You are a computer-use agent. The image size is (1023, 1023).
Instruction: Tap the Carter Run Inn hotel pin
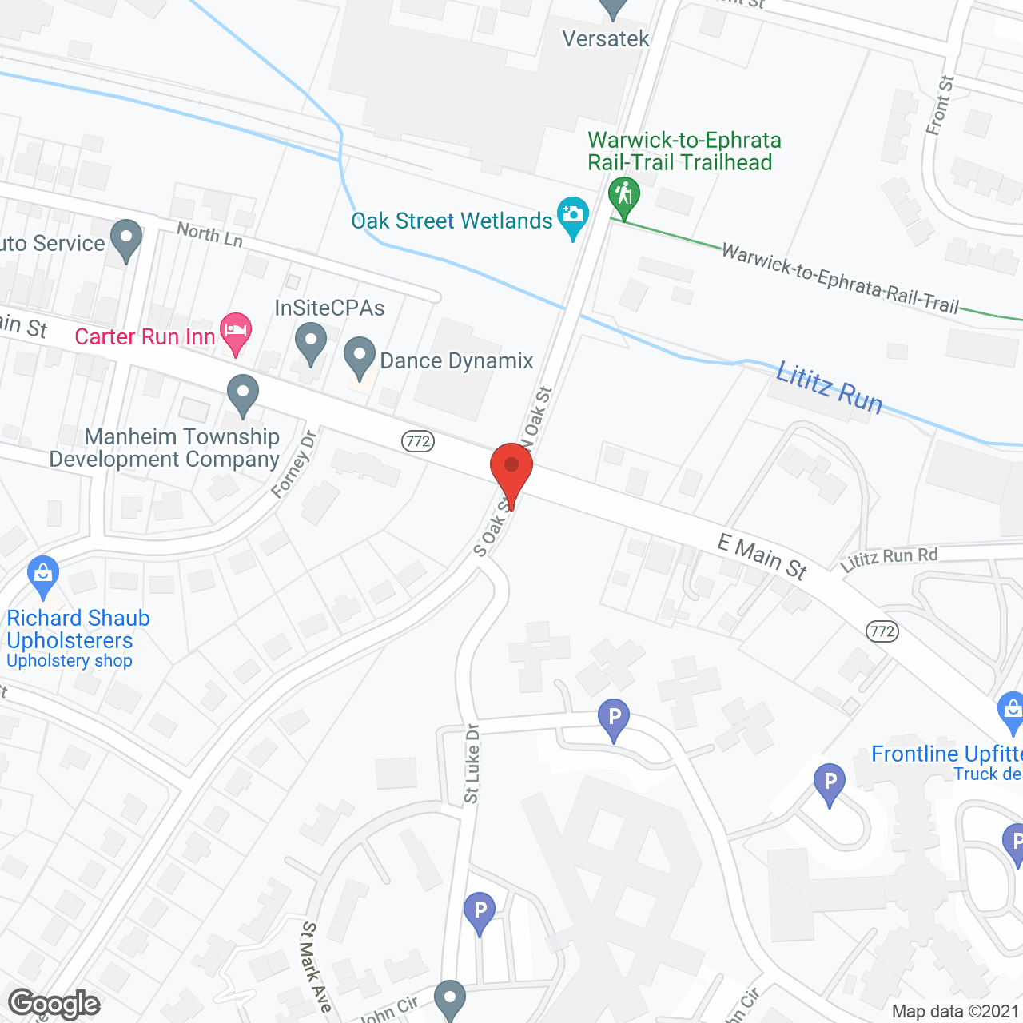(x=235, y=332)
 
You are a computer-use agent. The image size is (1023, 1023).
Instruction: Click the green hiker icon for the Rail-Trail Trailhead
(x=623, y=196)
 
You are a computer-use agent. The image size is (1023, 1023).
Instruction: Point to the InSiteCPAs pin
(x=311, y=343)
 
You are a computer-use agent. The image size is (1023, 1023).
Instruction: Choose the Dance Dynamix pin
(x=360, y=357)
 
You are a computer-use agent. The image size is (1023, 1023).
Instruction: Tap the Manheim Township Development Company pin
(x=242, y=395)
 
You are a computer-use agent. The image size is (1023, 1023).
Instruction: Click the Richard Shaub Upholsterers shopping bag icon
(x=43, y=575)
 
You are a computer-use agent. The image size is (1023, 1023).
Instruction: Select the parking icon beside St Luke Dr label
(x=614, y=718)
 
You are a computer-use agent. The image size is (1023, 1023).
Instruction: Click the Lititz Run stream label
(x=830, y=388)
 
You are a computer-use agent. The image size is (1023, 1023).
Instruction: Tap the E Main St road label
(x=762, y=556)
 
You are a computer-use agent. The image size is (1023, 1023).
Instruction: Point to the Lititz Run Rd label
(x=889, y=559)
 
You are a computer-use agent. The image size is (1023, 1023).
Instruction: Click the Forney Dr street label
(x=294, y=464)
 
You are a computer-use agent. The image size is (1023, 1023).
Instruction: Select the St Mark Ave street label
(x=315, y=967)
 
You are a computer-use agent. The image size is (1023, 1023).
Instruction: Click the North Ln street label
(x=209, y=235)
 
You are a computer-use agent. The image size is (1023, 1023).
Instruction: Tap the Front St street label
(x=941, y=105)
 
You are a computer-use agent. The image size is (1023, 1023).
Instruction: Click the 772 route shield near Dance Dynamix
(x=418, y=440)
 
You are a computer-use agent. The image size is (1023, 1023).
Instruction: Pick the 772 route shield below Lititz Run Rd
(x=882, y=631)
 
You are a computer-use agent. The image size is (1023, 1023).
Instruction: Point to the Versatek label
(x=606, y=38)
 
